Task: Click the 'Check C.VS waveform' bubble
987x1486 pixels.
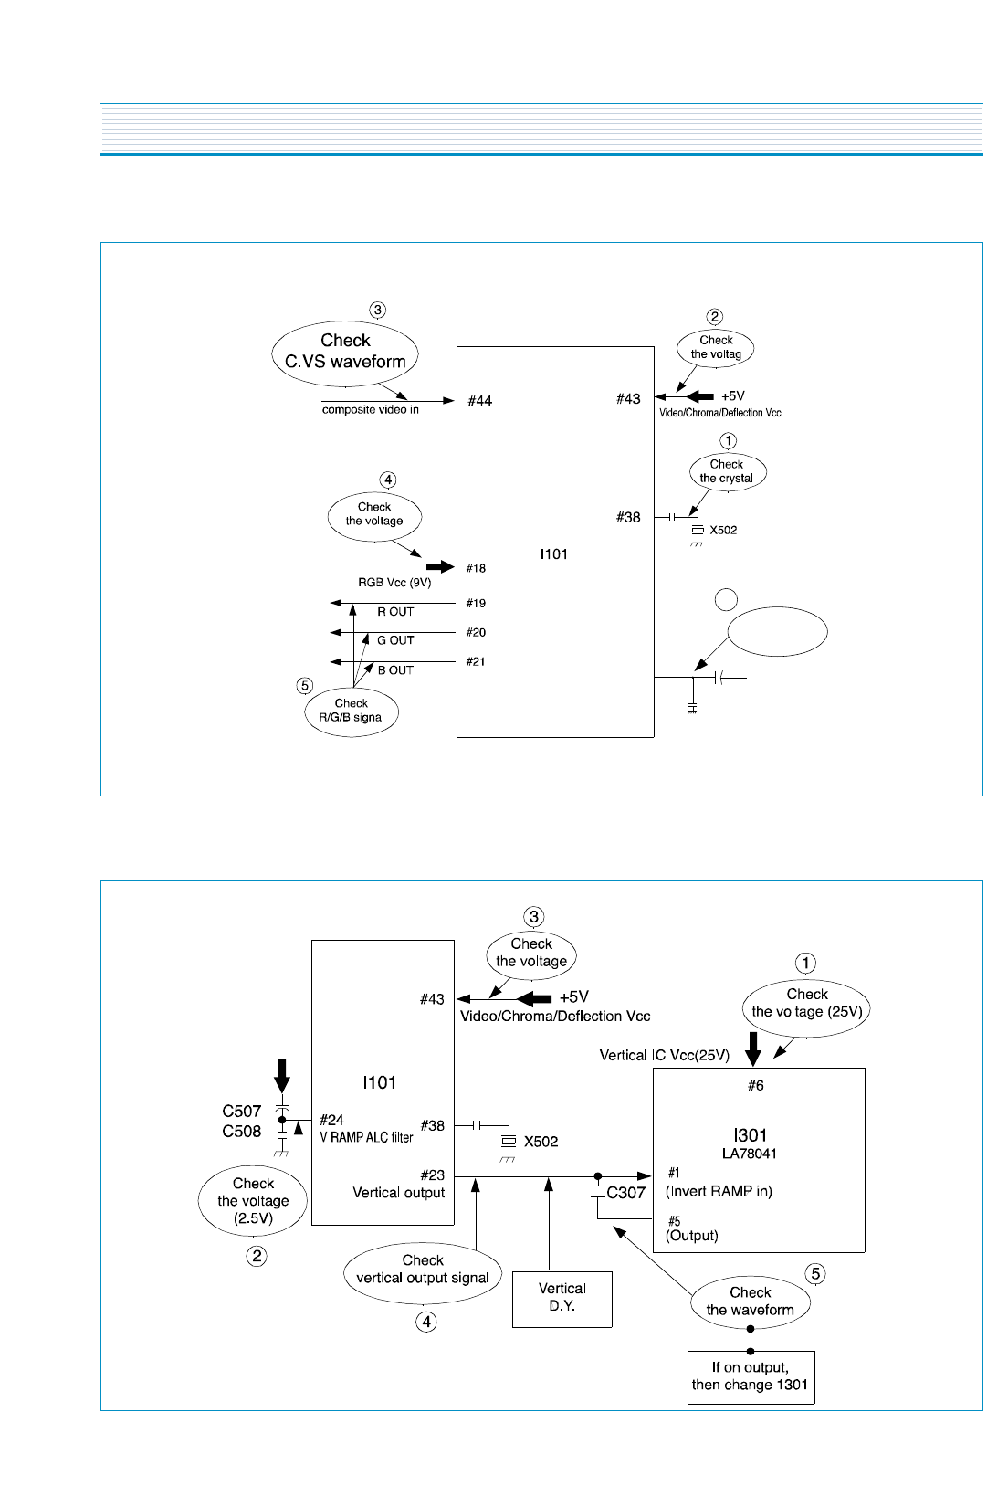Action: click(x=345, y=352)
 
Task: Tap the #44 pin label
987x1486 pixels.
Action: click(x=479, y=401)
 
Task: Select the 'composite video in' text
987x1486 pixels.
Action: click(x=370, y=410)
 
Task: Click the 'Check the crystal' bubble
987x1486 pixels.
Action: click(x=727, y=471)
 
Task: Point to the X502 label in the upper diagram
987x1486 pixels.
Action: click(x=723, y=531)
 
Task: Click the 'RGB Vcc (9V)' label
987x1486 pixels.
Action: click(x=394, y=583)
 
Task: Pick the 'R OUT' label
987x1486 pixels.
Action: click(x=395, y=612)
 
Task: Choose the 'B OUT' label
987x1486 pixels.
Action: click(x=395, y=670)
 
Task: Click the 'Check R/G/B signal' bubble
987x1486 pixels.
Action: click(x=352, y=711)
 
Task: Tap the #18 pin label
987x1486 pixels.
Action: click(x=476, y=568)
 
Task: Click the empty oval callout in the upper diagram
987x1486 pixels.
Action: click(x=777, y=631)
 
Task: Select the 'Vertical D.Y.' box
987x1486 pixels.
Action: click(x=562, y=1298)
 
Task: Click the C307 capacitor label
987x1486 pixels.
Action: click(x=625, y=1193)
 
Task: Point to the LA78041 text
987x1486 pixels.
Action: click(x=749, y=1154)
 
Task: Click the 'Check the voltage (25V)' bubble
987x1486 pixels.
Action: click(x=806, y=1004)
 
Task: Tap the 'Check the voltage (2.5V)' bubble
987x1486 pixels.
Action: click(x=253, y=1201)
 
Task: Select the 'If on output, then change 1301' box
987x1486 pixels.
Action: click(x=750, y=1376)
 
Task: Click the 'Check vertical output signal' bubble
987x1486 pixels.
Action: click(x=423, y=1270)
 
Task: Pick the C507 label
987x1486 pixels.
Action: click(x=241, y=1112)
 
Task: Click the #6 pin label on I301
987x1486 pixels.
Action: click(x=756, y=1086)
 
